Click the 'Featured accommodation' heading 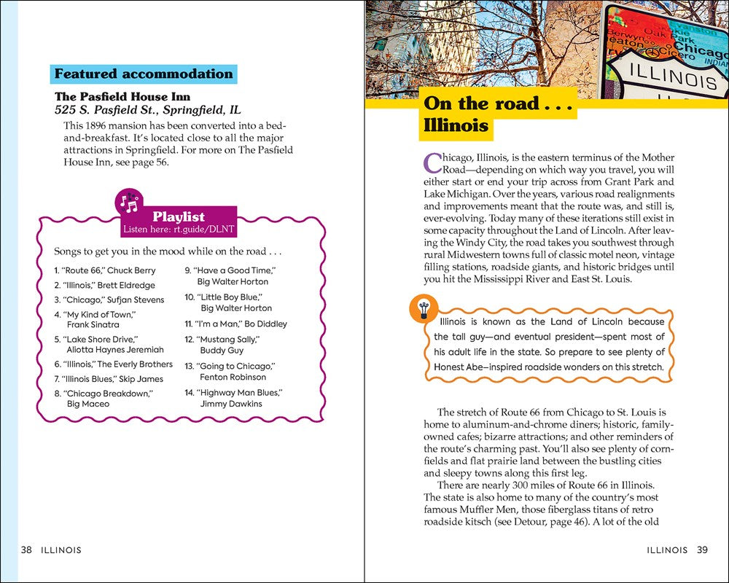[144, 74]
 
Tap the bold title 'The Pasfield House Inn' [122, 96]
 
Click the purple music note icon [130, 204]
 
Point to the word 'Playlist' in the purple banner [179, 216]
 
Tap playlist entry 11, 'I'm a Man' [235, 324]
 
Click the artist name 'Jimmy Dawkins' [230, 404]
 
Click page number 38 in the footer [26, 550]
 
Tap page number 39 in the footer [702, 550]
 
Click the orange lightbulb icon [423, 309]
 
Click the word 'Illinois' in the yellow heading [456, 125]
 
